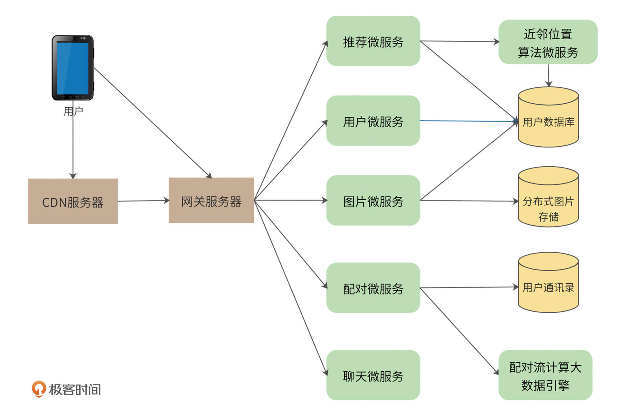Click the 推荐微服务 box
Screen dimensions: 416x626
(373, 41)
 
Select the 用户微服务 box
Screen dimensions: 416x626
(373, 121)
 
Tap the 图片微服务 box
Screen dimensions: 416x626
(373, 201)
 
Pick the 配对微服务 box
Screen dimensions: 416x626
(373, 288)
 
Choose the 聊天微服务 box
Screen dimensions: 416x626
(373, 375)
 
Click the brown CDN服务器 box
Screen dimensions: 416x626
(73, 201)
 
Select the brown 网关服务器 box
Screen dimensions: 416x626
(211, 201)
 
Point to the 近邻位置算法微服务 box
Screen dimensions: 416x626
(548, 42)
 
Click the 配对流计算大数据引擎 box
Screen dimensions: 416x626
(545, 375)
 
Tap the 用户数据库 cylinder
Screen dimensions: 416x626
(548, 122)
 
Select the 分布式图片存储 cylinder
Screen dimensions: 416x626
(548, 202)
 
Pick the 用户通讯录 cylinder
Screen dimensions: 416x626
(548, 287)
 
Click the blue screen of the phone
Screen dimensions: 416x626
(72, 68)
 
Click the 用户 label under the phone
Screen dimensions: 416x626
(73, 111)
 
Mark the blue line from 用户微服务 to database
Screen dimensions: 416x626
(469, 121)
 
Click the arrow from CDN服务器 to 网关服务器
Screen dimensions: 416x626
(143, 201)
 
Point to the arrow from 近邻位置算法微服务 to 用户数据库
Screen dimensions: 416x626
(548, 75)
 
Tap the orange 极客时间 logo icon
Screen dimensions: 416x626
(38, 389)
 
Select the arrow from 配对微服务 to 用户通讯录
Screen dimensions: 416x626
(469, 288)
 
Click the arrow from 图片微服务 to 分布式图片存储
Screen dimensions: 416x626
(469, 201)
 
